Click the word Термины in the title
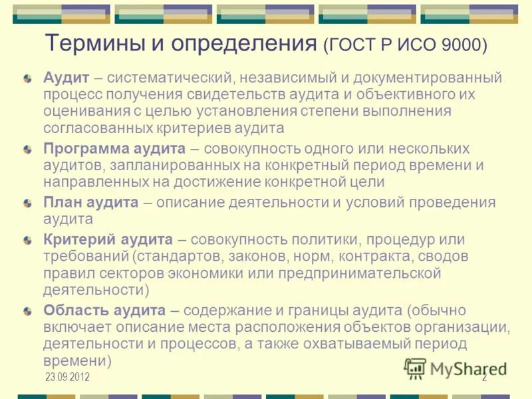pyautogui.click(x=95, y=44)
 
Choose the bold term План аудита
pyautogui.click(x=91, y=203)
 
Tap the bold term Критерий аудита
pyautogui.click(x=108, y=239)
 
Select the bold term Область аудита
pyautogui.click(x=104, y=310)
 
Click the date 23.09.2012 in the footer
pyautogui.click(x=67, y=378)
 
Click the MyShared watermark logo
pyautogui.click(x=455, y=368)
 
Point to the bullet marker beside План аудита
pyautogui.click(x=27, y=203)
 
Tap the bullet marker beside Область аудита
pyautogui.click(x=27, y=311)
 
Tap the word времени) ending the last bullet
pyautogui.click(x=76, y=361)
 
